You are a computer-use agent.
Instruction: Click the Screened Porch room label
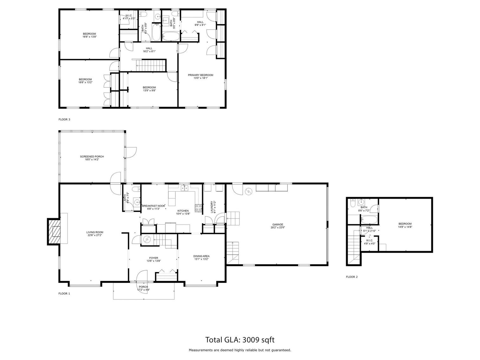click(92, 158)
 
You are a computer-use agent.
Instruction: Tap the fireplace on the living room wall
click(54, 231)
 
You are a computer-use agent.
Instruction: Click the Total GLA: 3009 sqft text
click(240, 340)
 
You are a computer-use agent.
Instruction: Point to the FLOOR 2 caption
click(352, 277)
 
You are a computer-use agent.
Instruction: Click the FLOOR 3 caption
click(64, 120)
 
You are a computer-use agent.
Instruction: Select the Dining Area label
click(201, 258)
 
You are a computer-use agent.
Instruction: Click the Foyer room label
click(154, 259)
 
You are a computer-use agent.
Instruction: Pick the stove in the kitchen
click(199, 208)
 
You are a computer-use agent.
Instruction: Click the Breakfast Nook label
click(153, 207)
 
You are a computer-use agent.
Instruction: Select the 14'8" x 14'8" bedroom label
click(405, 225)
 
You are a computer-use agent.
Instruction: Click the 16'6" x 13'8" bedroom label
click(89, 35)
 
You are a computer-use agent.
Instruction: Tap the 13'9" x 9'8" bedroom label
click(149, 89)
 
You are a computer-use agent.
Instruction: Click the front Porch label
click(143, 288)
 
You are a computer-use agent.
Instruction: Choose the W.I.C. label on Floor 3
click(129, 17)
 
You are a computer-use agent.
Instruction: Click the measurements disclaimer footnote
click(240, 350)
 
